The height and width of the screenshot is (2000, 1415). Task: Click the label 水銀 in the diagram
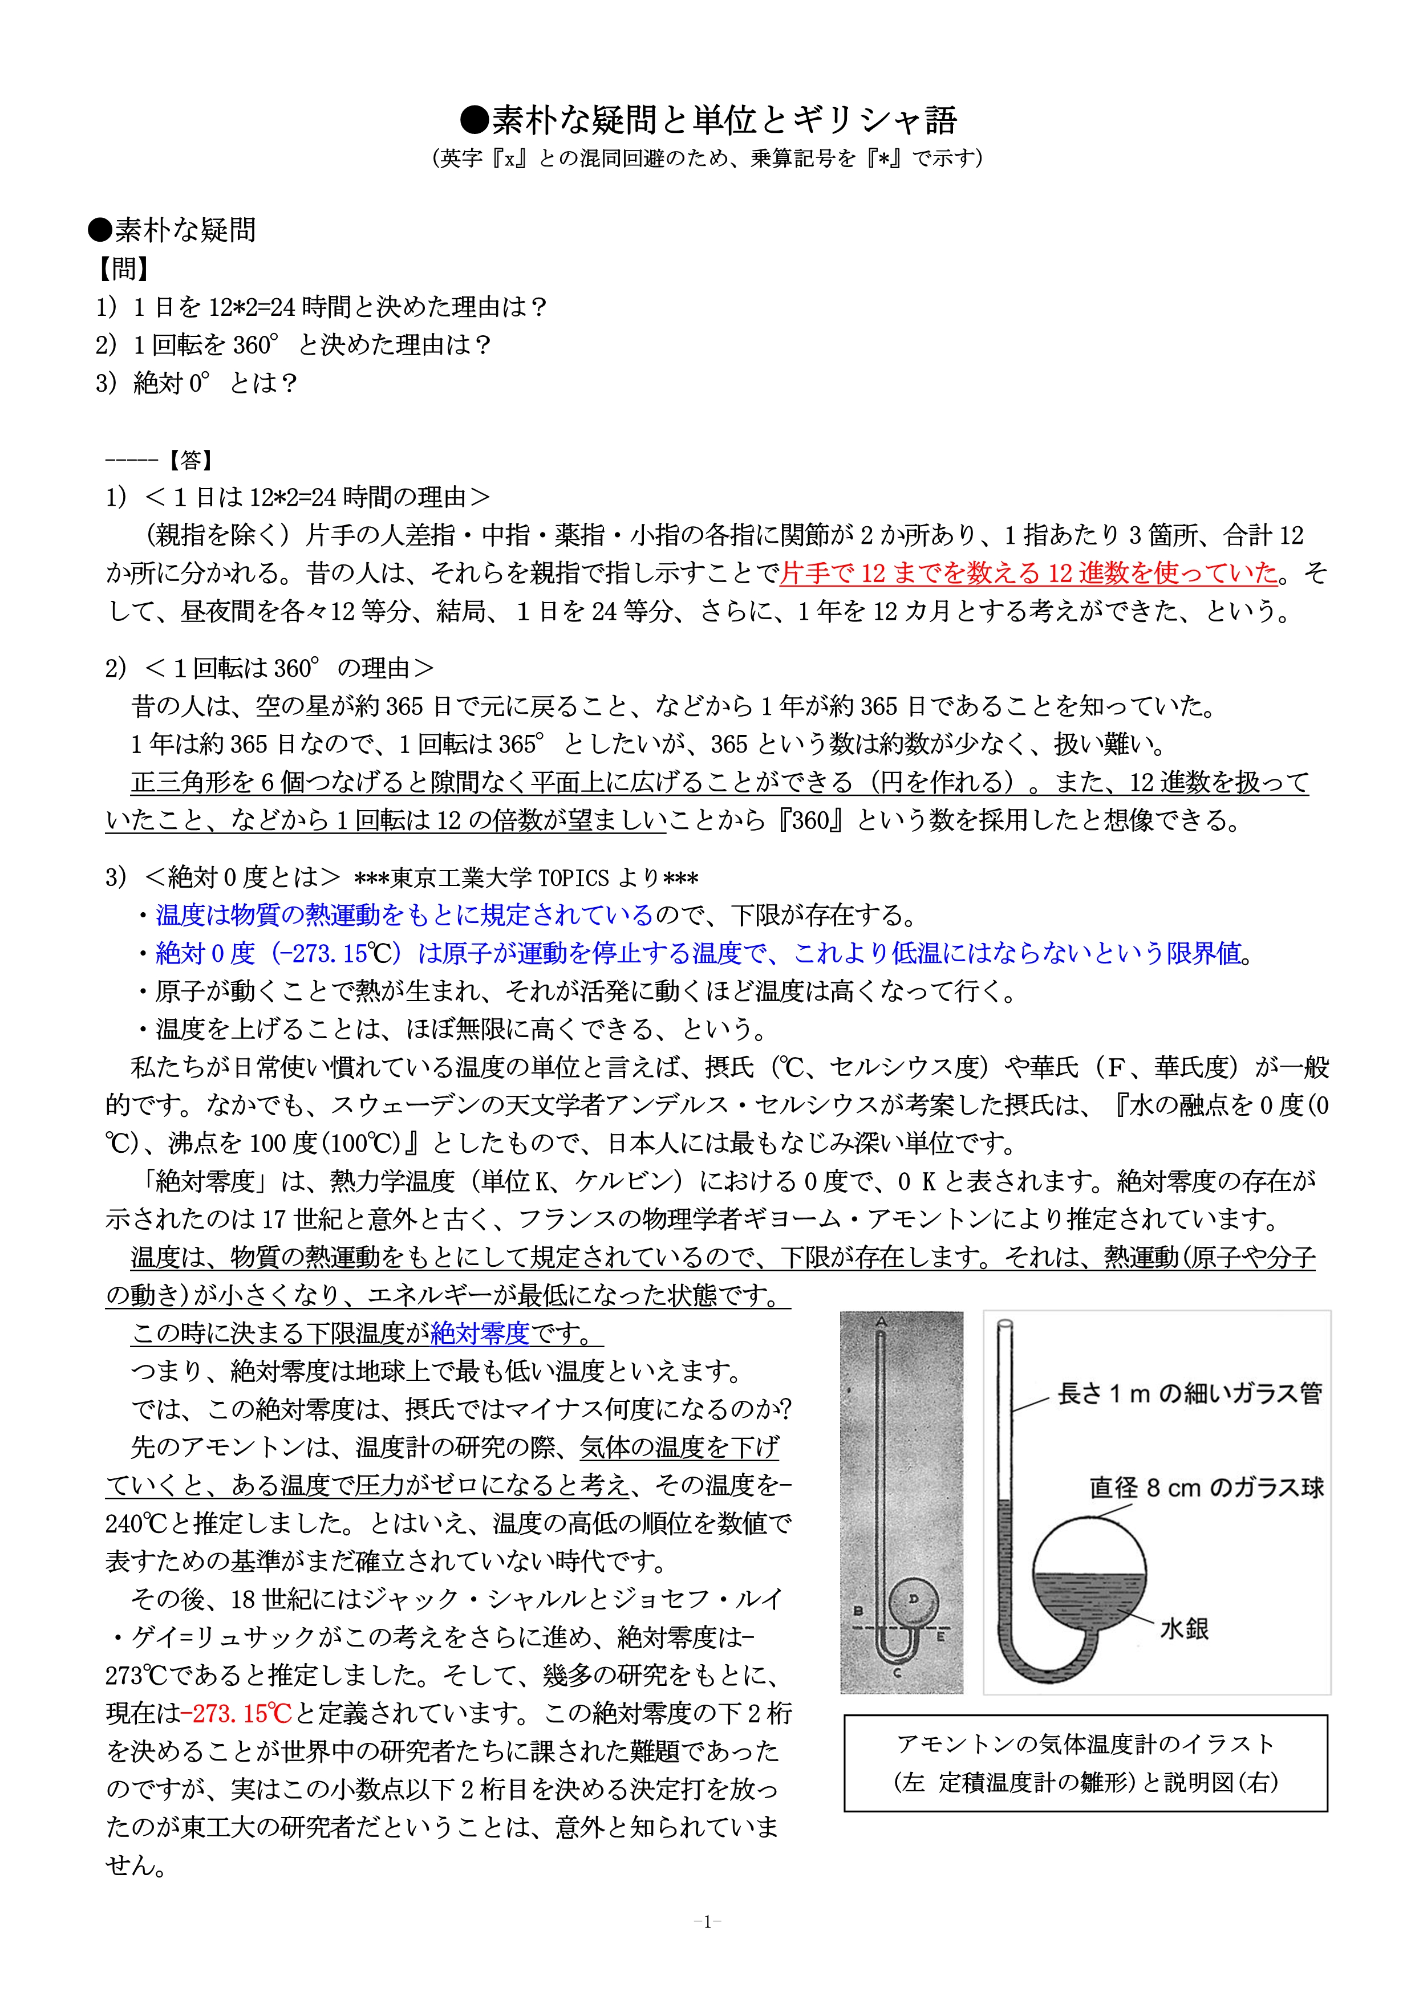(x=1184, y=1628)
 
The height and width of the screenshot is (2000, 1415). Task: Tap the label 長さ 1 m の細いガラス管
(x=1189, y=1394)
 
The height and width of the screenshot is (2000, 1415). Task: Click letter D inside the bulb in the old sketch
(x=913, y=1599)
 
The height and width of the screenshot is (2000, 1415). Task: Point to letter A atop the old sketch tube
(x=881, y=1322)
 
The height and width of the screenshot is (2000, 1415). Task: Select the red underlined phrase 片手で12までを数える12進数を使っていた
(x=1029, y=573)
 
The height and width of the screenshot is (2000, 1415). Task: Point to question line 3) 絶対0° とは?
(x=197, y=383)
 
